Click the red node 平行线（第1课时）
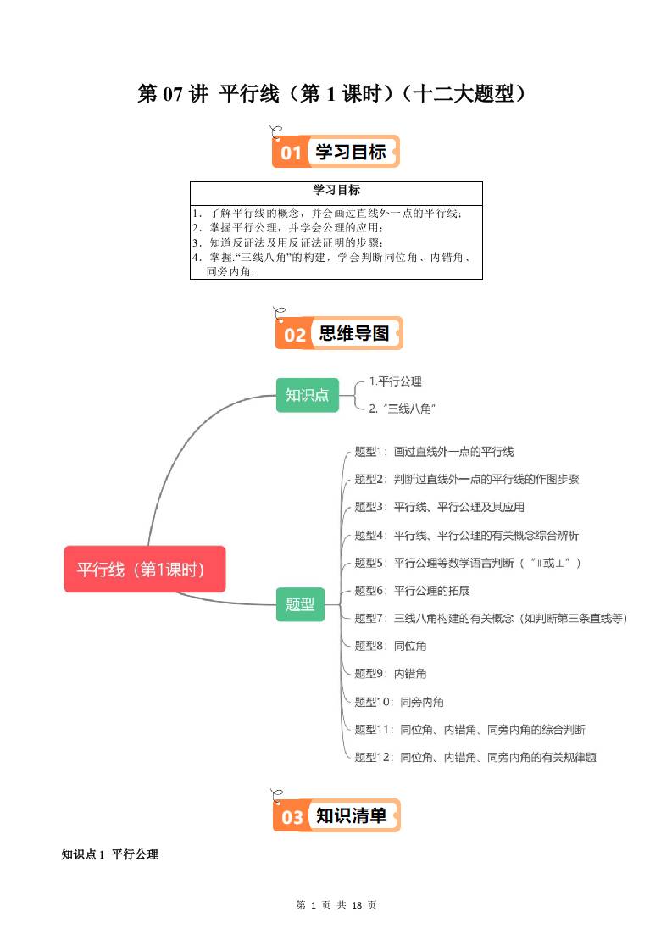[145, 569]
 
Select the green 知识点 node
[307, 395]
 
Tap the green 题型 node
[300, 603]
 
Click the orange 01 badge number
[291, 153]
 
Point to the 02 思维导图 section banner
[339, 334]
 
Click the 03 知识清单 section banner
[336, 816]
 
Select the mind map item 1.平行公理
[395, 381]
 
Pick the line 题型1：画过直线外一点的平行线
[434, 452]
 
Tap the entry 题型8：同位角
[391, 646]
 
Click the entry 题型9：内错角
[391, 674]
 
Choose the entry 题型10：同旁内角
[399, 702]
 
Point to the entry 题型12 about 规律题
[475, 756]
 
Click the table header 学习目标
[336, 191]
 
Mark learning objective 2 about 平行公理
[288, 227]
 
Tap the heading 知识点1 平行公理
[110, 854]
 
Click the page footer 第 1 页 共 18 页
[336, 905]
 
